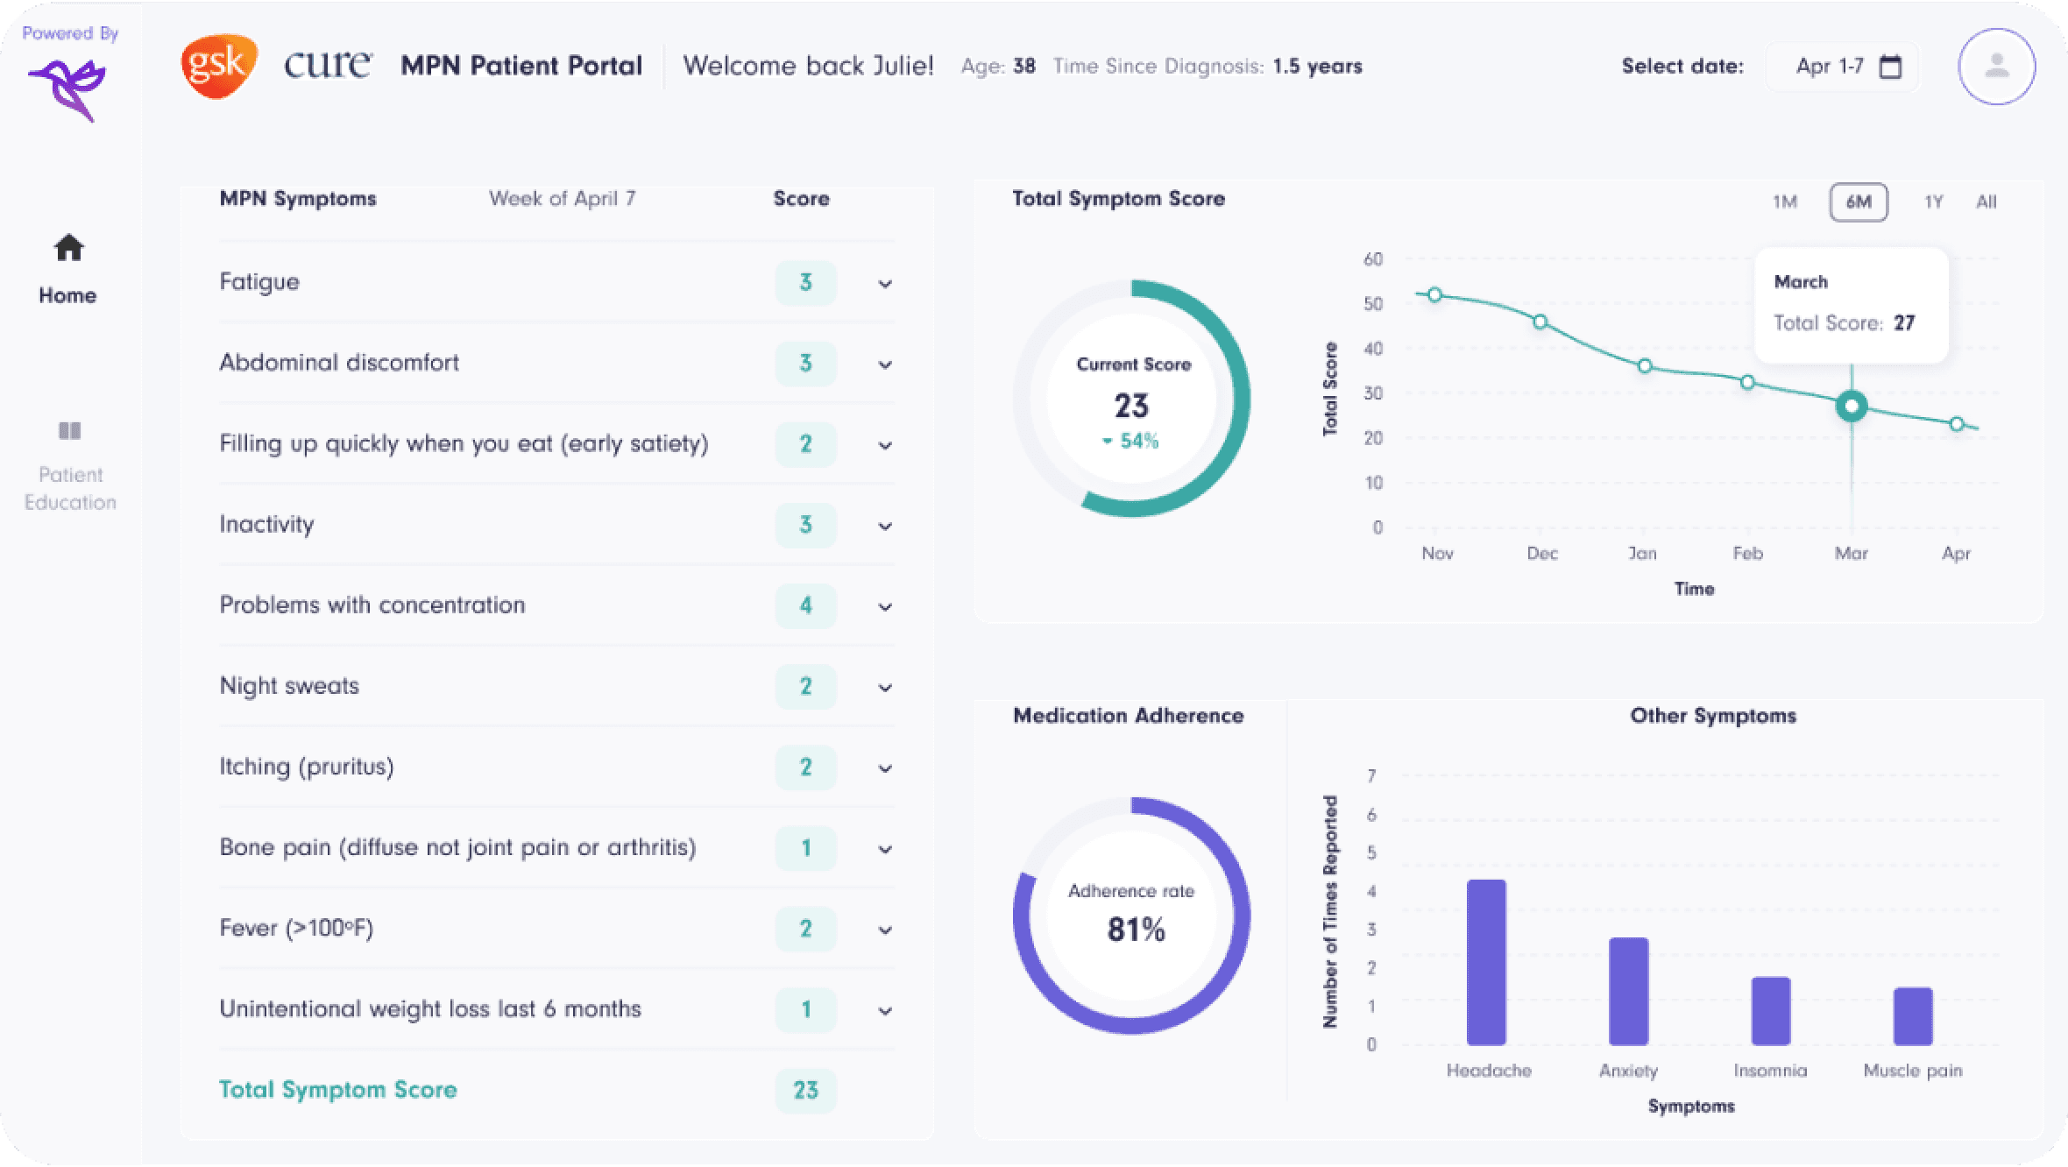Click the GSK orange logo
[x=218, y=66]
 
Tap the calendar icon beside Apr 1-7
[x=1891, y=67]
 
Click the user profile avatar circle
[x=1996, y=67]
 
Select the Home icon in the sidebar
[x=68, y=249]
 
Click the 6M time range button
[x=1858, y=202]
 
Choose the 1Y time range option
[x=1933, y=202]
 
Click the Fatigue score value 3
[x=805, y=283]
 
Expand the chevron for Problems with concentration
[x=885, y=606]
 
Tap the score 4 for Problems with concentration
[x=805, y=605]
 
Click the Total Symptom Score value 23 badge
[x=805, y=1090]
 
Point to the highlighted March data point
[x=1852, y=407]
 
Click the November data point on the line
[x=1434, y=295]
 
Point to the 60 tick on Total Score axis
[x=1373, y=259]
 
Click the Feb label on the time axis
[x=1747, y=554]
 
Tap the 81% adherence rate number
[x=1137, y=930]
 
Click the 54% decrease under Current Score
[x=1131, y=442]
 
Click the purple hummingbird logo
[x=67, y=88]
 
